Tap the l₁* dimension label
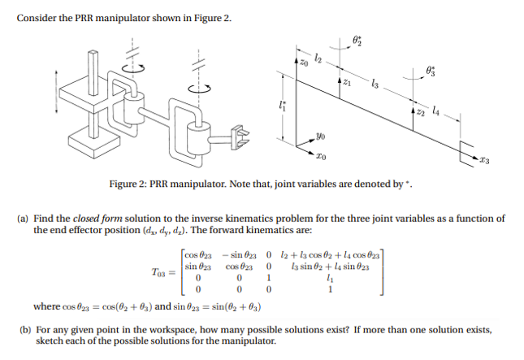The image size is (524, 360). [x=282, y=104]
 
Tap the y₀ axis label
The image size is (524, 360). [x=323, y=137]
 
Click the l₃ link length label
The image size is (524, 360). [x=374, y=84]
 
